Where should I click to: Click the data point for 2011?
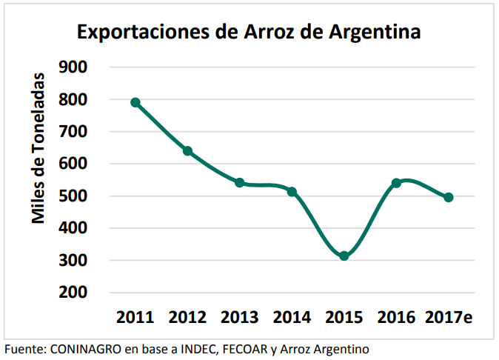coord(135,102)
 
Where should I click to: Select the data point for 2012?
coord(187,151)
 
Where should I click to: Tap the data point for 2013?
coord(240,182)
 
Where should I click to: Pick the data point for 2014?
coord(292,192)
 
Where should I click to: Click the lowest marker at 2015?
coord(344,256)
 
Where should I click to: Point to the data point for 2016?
coord(396,182)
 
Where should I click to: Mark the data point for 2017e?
coord(448,197)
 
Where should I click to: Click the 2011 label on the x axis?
coord(135,319)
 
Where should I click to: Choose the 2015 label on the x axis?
coord(344,319)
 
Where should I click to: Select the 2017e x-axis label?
coord(449,319)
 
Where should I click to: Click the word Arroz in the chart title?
coord(267,33)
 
